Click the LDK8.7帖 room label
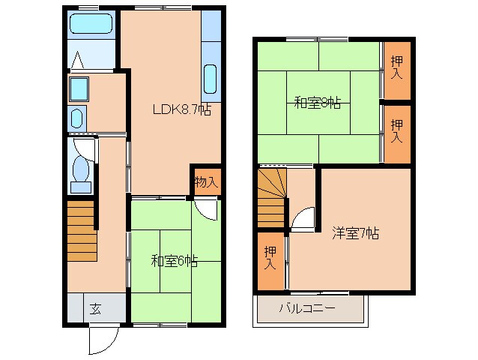(x=181, y=109)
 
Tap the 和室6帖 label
(x=174, y=261)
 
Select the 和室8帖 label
(x=317, y=103)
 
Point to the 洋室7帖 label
(x=355, y=233)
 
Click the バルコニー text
(x=307, y=307)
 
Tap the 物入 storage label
(x=206, y=181)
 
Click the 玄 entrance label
(x=96, y=307)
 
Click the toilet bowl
(x=80, y=171)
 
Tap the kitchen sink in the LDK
(x=210, y=79)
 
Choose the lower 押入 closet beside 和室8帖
(x=396, y=131)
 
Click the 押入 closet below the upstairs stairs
(x=270, y=259)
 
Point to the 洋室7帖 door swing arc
(x=303, y=218)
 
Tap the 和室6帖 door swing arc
(x=207, y=209)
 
